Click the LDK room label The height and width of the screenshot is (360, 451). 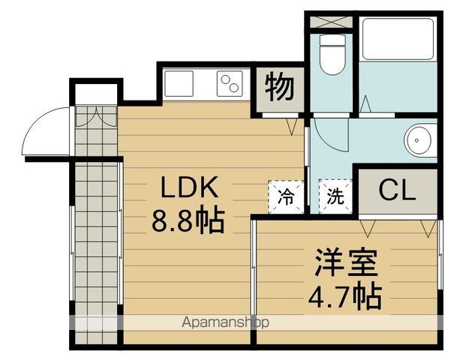189,187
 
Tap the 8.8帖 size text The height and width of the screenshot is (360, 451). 188,220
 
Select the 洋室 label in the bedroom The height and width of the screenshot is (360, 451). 346,262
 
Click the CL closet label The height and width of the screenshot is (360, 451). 397,190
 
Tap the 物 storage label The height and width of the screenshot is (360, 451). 280,87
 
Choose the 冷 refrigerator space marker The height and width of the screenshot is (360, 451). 286,197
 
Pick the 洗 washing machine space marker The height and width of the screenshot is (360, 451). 335,196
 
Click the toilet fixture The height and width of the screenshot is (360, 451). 332,55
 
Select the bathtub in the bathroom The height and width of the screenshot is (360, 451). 398,39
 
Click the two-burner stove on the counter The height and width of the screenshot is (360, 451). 230,84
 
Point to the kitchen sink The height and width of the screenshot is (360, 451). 178,84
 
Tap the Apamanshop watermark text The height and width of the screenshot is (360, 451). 225,322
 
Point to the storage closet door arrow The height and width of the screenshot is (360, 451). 293,127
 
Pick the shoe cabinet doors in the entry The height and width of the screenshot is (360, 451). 96,116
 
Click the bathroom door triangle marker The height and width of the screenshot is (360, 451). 365,104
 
